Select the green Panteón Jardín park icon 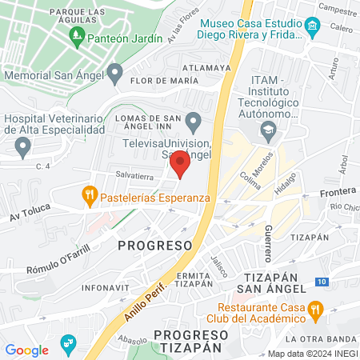pos(77,34)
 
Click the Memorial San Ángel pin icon pos(115,74)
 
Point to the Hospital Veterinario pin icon pos(22,146)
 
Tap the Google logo pos(27,350)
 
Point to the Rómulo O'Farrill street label pos(55,252)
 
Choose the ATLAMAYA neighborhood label pos(207,68)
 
